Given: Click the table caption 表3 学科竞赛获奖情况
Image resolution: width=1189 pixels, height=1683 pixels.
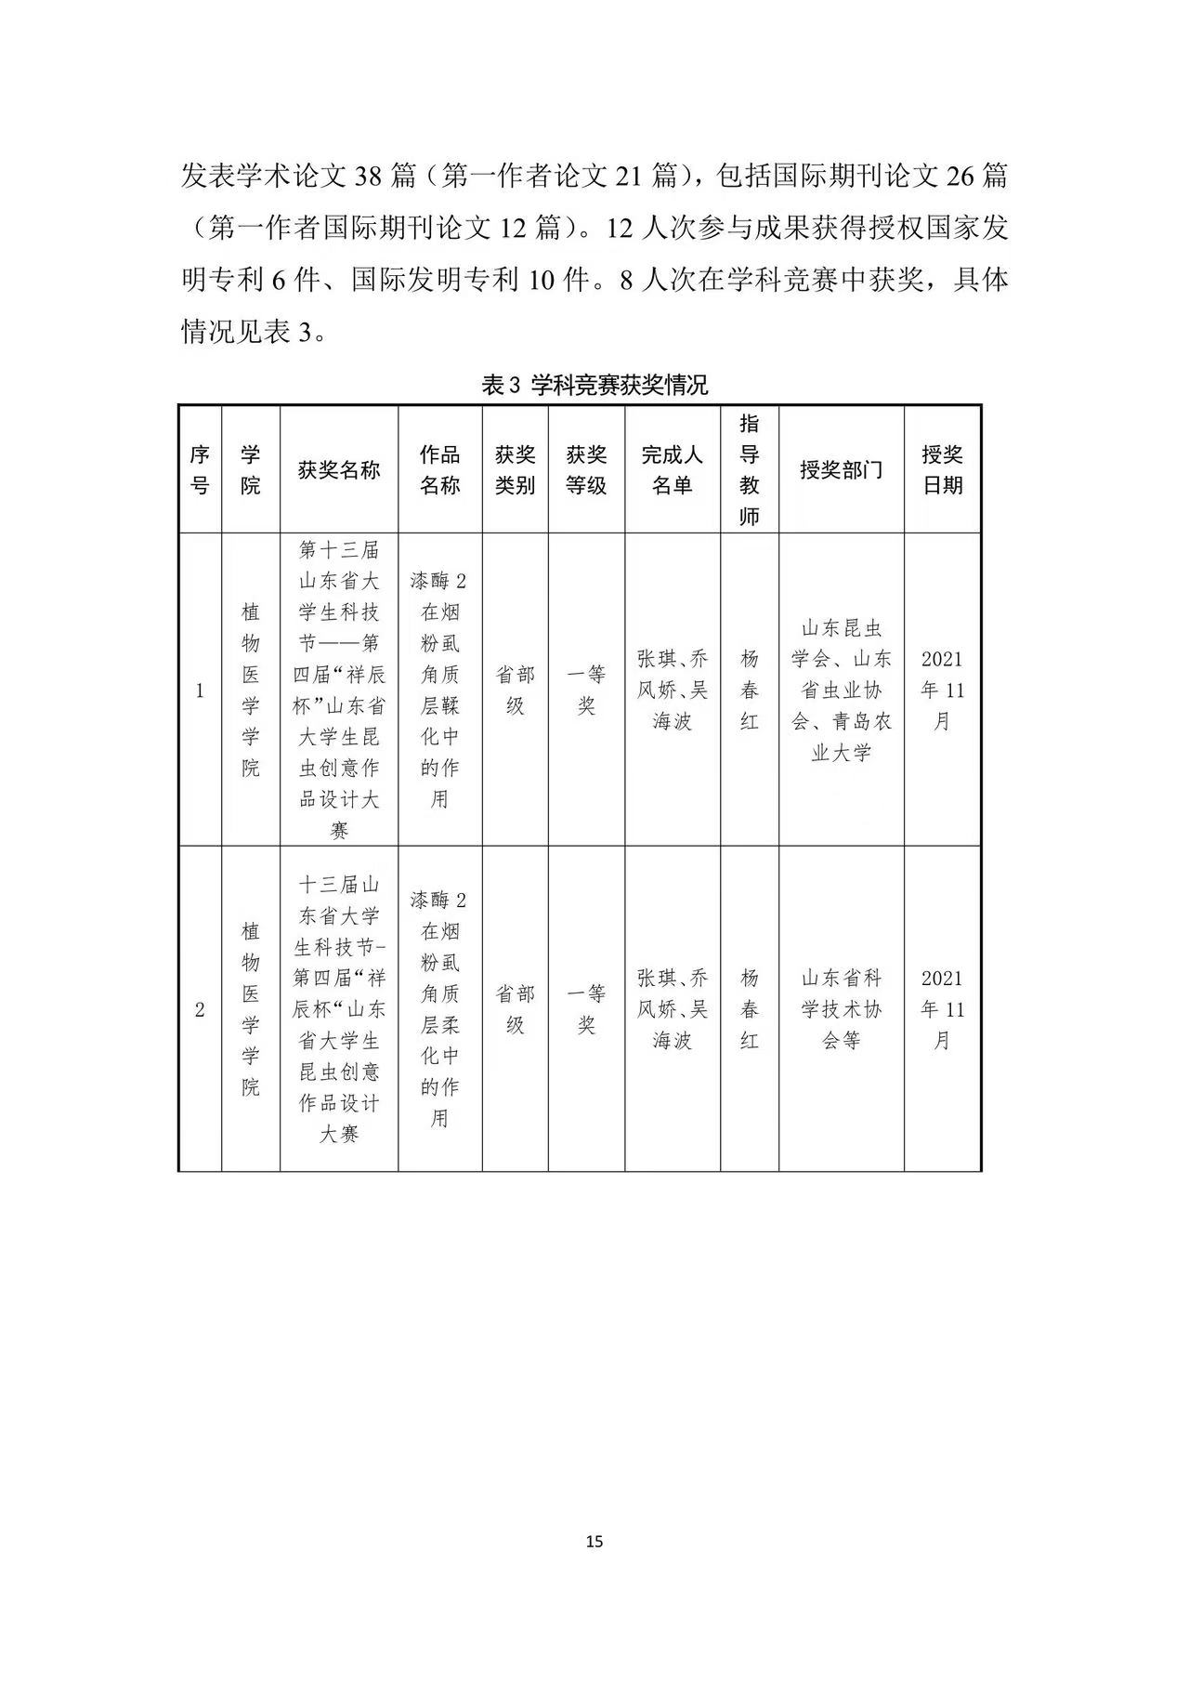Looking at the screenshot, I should (x=594, y=385).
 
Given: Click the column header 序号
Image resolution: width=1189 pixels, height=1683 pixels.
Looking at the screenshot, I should (x=200, y=469).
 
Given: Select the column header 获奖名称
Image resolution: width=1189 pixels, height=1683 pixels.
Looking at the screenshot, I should (x=339, y=469).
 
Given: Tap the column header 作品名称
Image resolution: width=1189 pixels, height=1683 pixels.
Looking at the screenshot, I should (x=440, y=469).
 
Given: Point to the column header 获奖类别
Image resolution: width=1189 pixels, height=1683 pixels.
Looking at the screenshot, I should (x=515, y=469).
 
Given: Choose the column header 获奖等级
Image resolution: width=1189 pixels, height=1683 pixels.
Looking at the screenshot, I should (x=586, y=469).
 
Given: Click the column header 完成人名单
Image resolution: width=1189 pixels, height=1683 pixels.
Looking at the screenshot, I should (x=673, y=469).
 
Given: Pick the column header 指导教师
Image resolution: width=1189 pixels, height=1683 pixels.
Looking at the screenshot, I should (x=750, y=469).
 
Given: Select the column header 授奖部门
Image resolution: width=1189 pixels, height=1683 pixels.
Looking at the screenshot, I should (x=841, y=469).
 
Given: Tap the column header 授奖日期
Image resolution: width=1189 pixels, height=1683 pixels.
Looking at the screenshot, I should (x=942, y=469).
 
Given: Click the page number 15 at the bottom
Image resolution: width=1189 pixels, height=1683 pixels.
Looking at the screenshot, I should (x=594, y=1542).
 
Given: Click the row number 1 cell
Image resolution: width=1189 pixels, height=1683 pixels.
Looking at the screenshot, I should (x=200, y=690).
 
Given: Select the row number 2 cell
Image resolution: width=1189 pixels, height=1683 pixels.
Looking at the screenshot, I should (x=200, y=1009).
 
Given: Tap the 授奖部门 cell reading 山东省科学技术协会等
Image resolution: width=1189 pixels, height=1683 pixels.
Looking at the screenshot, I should (x=841, y=1009).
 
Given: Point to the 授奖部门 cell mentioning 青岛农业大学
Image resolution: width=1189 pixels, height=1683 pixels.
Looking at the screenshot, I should (x=841, y=690).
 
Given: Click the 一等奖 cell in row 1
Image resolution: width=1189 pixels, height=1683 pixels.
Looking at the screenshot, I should (x=586, y=690).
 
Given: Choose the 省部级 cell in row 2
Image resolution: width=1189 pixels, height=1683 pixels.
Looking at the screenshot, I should (x=515, y=1009).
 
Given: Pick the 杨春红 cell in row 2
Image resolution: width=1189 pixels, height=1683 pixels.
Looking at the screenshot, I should (x=750, y=1009).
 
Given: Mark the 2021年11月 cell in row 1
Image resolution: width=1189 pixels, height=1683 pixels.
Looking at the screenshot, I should (x=942, y=690).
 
